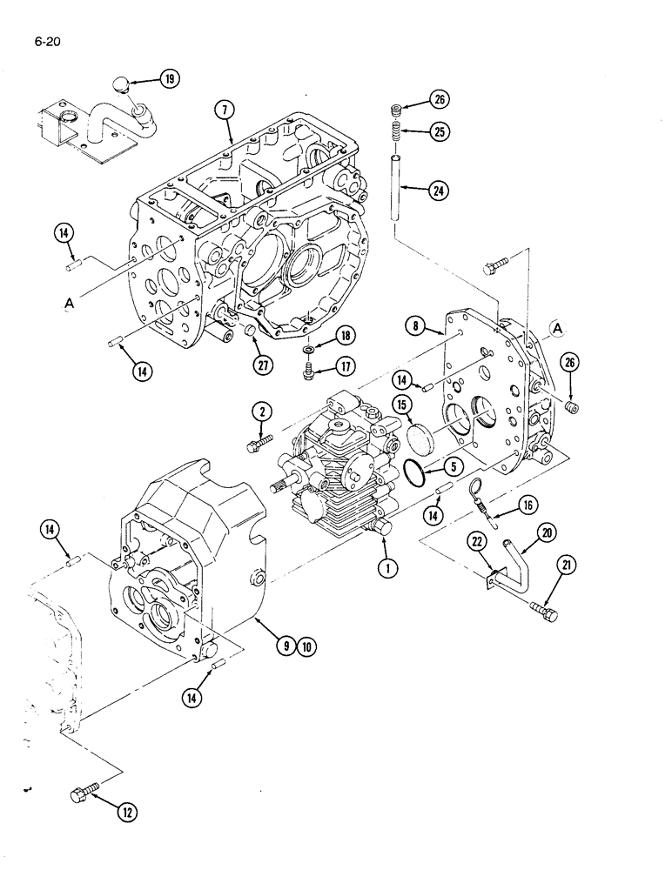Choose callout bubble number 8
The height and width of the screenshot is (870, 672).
(x=418, y=326)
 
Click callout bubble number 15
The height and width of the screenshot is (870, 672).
(x=402, y=405)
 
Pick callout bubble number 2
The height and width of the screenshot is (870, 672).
(x=262, y=412)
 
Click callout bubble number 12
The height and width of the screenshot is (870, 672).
(x=127, y=813)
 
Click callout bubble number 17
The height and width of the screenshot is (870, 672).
(x=346, y=367)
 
